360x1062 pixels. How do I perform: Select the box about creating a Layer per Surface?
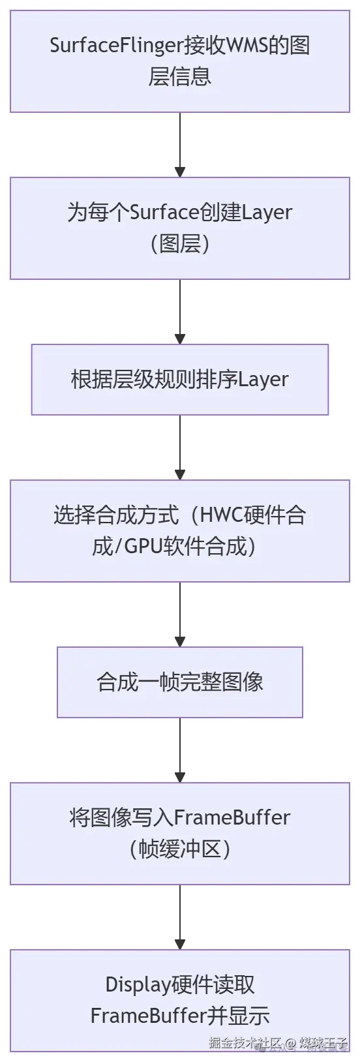pyautogui.click(x=180, y=228)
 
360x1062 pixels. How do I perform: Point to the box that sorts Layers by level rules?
pyautogui.click(x=180, y=380)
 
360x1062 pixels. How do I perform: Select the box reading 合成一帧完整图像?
pyautogui.click(x=180, y=682)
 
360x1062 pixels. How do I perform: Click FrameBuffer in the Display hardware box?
pyautogui.click(x=149, y=1016)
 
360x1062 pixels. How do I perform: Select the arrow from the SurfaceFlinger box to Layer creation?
pyautogui.click(x=180, y=145)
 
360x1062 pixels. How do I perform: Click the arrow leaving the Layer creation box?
pyautogui.click(x=180, y=312)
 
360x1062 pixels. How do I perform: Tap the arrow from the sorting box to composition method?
pyautogui.click(x=180, y=448)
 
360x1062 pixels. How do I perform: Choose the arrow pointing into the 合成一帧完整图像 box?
pyautogui.click(x=180, y=614)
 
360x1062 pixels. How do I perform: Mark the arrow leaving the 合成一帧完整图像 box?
pyautogui.click(x=180, y=750)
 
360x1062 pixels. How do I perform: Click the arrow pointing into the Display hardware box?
pyautogui.click(x=180, y=917)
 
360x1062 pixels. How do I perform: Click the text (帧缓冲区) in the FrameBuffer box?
pyautogui.click(x=180, y=849)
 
